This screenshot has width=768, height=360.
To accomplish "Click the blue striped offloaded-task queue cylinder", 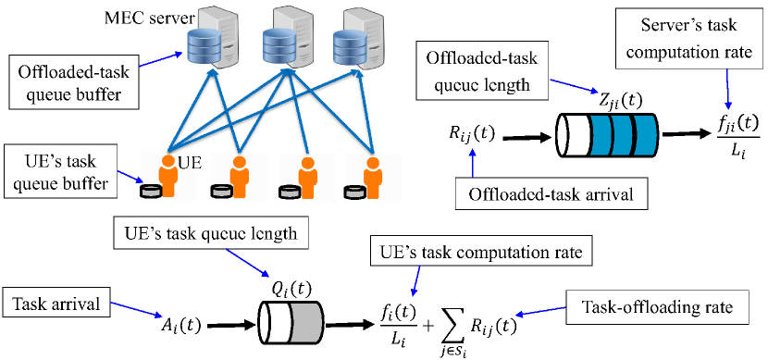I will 605,138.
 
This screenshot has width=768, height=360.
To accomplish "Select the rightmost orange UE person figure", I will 374,175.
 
